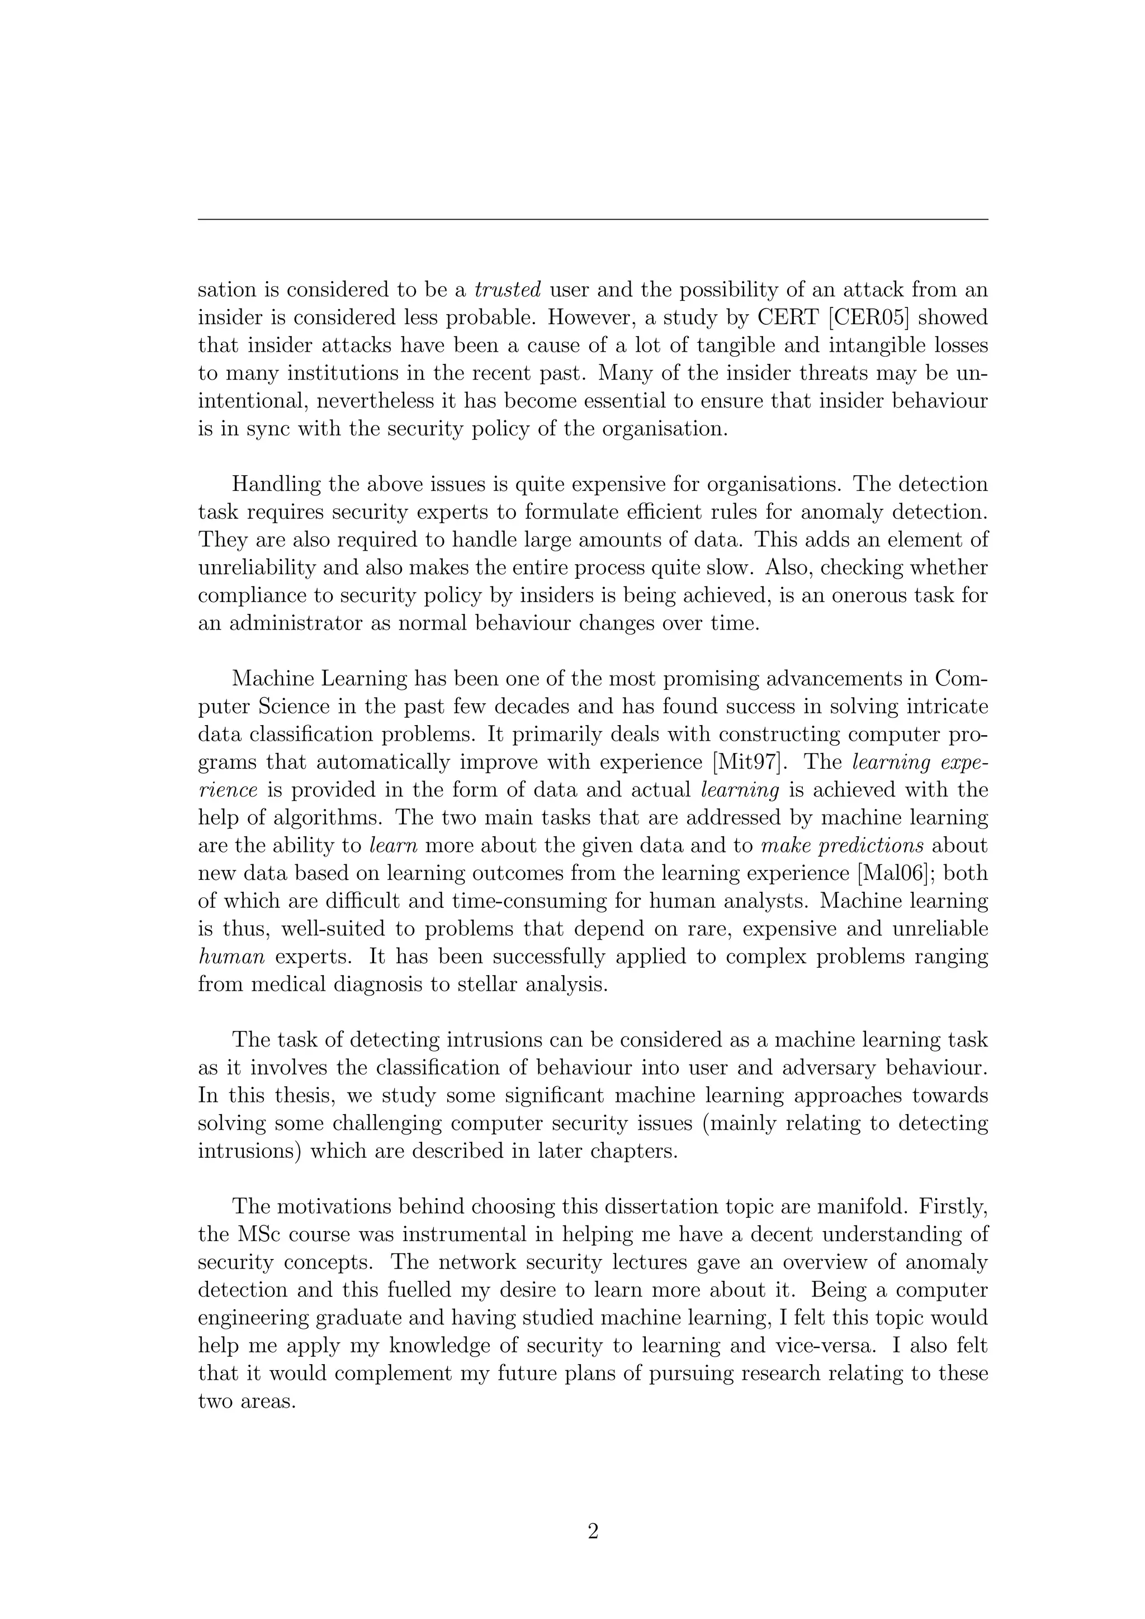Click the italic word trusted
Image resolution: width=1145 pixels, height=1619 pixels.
[x=508, y=289]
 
